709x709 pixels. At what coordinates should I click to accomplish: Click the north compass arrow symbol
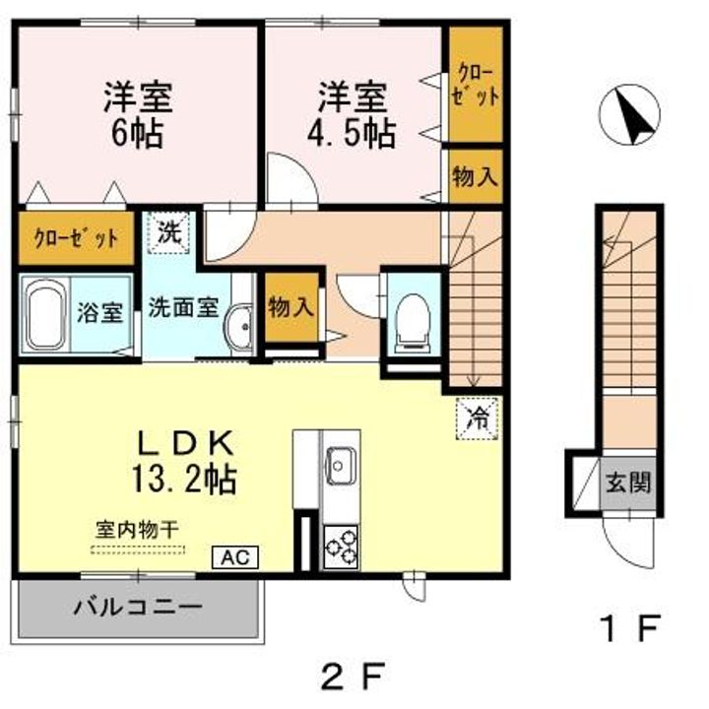(631, 115)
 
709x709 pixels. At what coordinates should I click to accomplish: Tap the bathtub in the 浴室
(44, 315)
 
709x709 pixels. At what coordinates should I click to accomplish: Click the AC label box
(234, 557)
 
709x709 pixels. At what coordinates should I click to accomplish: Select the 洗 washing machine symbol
(170, 234)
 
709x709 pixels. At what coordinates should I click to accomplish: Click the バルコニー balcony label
(138, 606)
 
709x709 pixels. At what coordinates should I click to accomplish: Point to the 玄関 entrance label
(628, 484)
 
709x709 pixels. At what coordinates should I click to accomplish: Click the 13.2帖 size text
(184, 480)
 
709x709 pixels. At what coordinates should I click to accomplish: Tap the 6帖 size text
(138, 134)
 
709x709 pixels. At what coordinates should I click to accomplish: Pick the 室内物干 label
(138, 529)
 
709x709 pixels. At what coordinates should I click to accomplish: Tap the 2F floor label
(352, 677)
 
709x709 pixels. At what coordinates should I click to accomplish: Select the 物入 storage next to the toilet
(291, 306)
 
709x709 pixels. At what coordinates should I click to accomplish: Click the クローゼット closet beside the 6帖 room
(76, 238)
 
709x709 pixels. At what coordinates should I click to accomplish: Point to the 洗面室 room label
(182, 306)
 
